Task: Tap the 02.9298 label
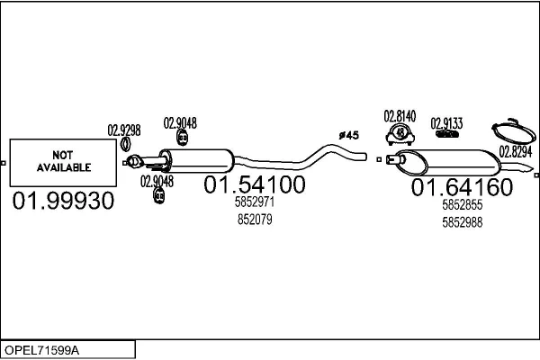pos(124,129)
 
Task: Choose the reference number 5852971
pos(255,203)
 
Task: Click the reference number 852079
pos(255,219)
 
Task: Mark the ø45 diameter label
pos(348,135)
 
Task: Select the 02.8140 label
pos(400,116)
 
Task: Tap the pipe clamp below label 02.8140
pos(400,135)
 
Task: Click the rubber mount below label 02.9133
pos(446,135)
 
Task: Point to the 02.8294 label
pos(516,150)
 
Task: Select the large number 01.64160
pos(462,188)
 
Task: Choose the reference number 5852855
pos(463,205)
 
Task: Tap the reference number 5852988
pos(463,221)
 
